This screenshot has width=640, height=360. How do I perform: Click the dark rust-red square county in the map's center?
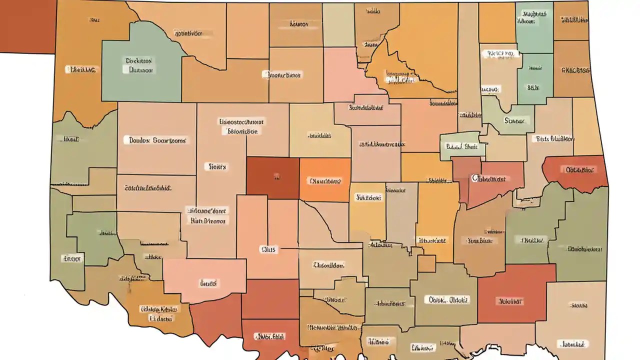coord(272,176)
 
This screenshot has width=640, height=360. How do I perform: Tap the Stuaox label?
coord(516,120)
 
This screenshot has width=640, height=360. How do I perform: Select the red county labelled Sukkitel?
coord(510,301)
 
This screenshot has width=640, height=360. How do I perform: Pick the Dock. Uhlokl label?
coord(448,300)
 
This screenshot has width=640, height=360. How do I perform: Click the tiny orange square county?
coord(426,263)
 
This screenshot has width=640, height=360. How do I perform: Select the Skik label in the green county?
coord(533,87)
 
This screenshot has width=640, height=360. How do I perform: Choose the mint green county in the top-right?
coord(533,27)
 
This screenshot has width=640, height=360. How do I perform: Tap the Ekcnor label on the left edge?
coord(72,258)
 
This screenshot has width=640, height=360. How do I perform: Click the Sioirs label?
coord(216,166)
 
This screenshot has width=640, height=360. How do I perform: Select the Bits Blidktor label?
coord(555,139)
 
